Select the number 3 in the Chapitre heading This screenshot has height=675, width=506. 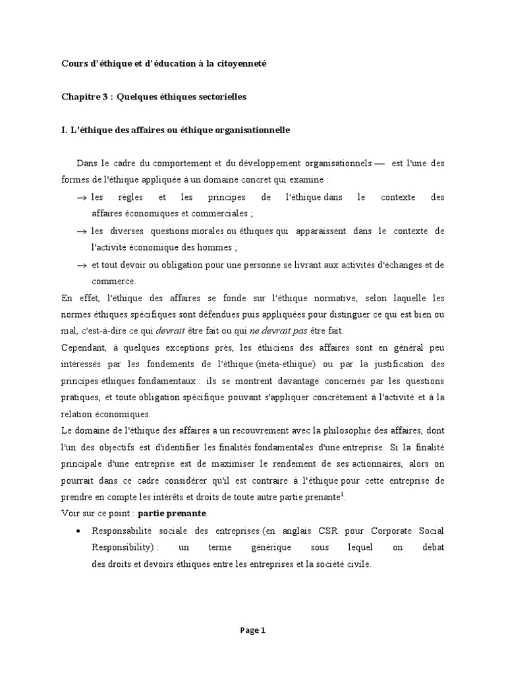[99, 97]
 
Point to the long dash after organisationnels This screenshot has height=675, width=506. [379, 163]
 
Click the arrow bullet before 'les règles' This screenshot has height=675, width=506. [82, 197]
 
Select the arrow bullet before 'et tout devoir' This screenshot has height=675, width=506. [82, 265]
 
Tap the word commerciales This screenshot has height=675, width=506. [221, 214]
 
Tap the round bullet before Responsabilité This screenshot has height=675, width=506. [79, 531]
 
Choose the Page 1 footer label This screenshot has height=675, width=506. [253, 630]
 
